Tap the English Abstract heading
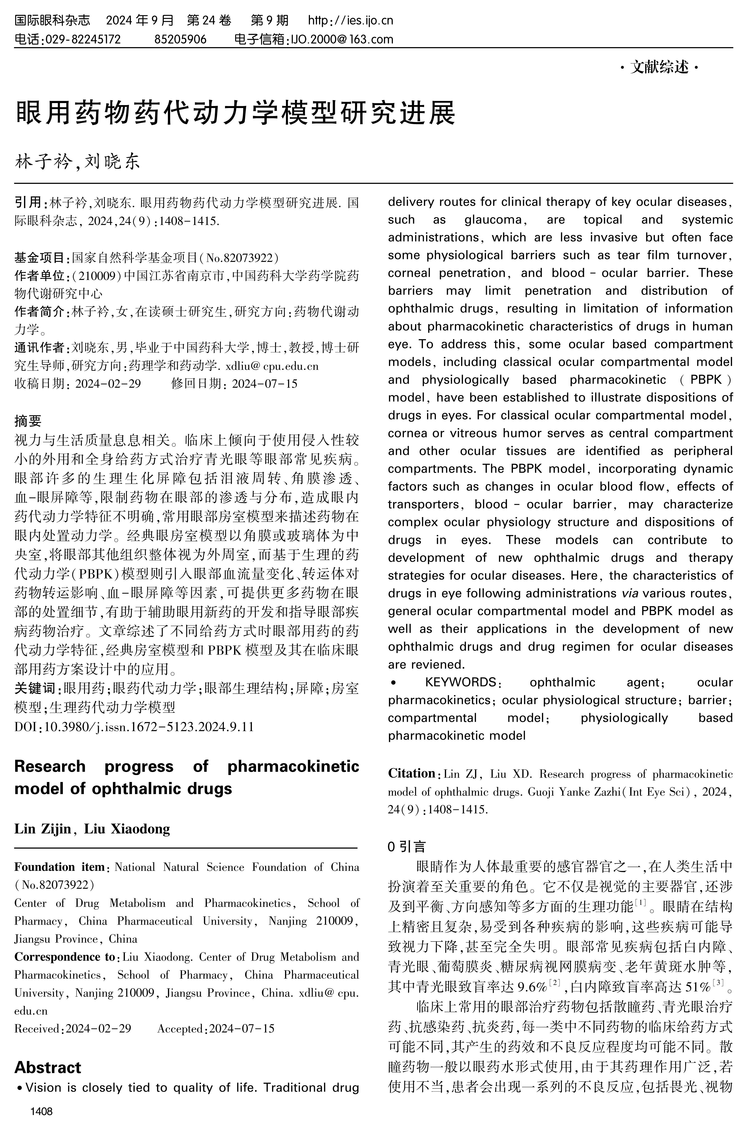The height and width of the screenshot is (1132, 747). [48, 1067]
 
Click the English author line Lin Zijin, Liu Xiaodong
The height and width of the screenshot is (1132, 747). [92, 829]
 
